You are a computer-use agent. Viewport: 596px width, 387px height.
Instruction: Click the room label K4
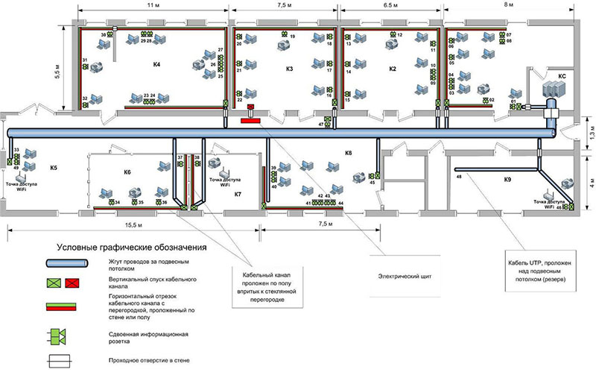click(x=157, y=66)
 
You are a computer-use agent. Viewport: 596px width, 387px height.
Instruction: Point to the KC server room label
click(x=563, y=75)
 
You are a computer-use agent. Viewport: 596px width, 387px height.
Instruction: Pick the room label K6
click(x=127, y=172)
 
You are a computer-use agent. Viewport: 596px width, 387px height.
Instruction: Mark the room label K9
click(x=507, y=179)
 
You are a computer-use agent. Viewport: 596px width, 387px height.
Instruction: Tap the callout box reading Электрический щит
click(x=405, y=275)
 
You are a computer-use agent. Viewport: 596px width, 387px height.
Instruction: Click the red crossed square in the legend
click(x=73, y=283)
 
